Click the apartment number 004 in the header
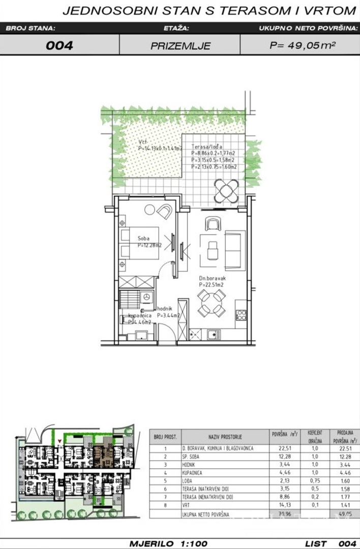[59, 45]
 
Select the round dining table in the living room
[210, 303]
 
